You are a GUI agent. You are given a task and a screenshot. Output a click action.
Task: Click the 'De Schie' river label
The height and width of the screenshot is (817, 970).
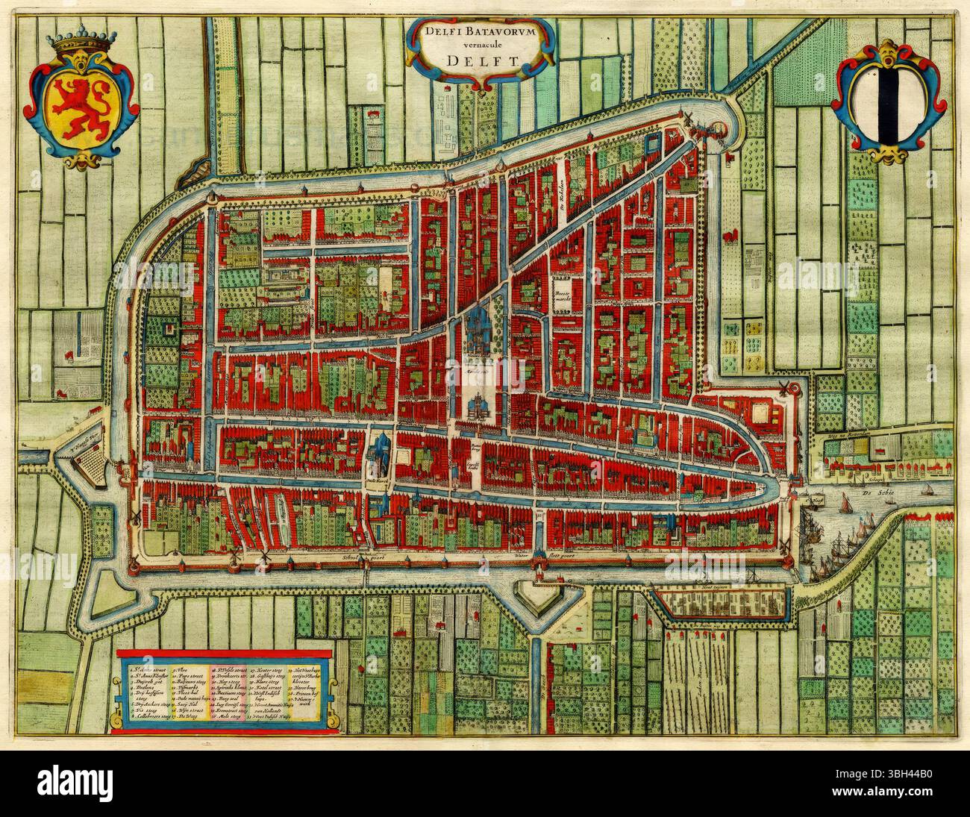pos(915,494)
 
